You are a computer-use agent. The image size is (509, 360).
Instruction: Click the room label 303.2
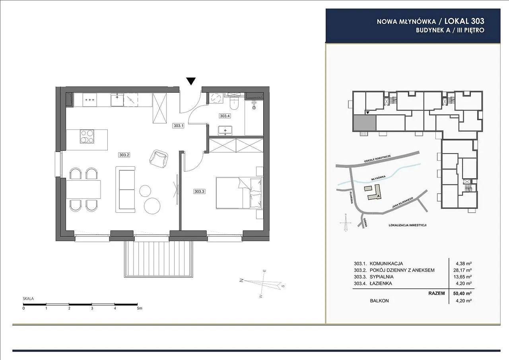click(124, 155)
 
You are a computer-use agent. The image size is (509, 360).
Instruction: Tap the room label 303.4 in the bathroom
click(225, 116)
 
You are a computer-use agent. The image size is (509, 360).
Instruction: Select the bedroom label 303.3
click(199, 192)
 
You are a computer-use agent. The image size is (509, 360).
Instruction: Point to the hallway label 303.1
click(179, 125)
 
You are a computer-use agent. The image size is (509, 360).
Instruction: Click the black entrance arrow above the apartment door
click(191, 81)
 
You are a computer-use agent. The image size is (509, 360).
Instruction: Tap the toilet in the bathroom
click(234, 104)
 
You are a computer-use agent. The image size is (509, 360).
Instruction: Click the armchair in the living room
click(159, 159)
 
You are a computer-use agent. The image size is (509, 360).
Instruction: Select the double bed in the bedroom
click(239, 193)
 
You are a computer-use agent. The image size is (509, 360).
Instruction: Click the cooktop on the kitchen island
click(87, 136)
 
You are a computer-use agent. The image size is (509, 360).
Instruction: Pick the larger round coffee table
click(152, 206)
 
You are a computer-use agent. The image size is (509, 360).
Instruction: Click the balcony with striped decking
click(158, 259)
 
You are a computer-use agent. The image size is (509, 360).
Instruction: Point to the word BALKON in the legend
click(379, 301)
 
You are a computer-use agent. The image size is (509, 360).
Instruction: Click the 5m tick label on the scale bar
click(139, 308)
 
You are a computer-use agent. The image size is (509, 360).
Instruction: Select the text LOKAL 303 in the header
click(464, 21)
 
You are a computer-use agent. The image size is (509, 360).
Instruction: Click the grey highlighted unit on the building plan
click(365, 123)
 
